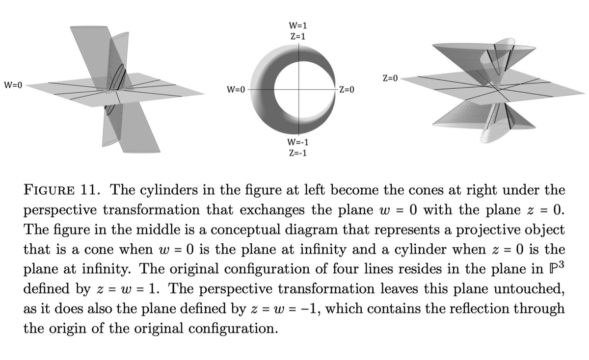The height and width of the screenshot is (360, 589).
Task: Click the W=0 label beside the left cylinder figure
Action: [x=13, y=85]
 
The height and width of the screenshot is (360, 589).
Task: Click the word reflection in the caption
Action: [x=472, y=309]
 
